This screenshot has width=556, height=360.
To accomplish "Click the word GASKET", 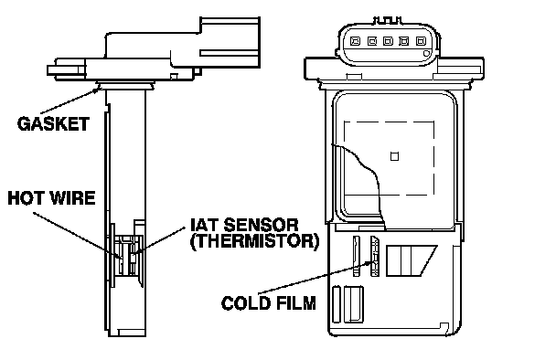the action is [x=53, y=123].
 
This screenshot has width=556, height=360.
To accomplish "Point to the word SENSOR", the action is [x=261, y=225].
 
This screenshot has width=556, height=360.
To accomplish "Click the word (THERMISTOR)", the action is [x=254, y=241].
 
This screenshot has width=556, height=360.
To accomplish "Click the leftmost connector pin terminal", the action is [x=355, y=41].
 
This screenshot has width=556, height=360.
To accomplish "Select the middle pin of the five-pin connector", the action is [x=388, y=41].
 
